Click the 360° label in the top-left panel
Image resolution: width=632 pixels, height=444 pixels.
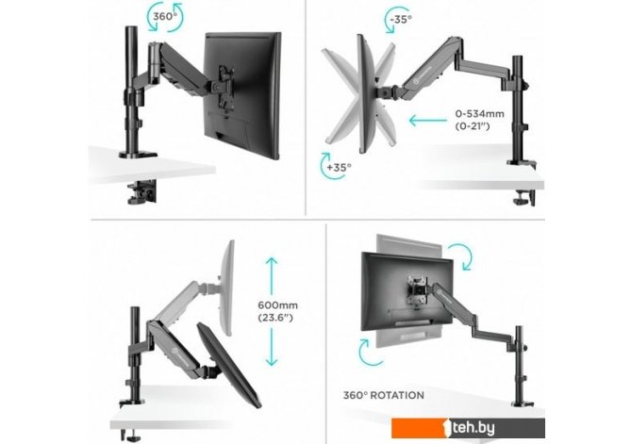pyautogui.click(x=165, y=17)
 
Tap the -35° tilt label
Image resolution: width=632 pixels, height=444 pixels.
pyautogui.click(x=401, y=19)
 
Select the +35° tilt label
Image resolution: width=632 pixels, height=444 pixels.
pyautogui.click(x=339, y=167)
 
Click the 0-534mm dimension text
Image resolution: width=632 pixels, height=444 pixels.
pyautogui.click(x=479, y=114)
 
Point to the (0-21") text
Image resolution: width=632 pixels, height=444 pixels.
pyautogui.click(x=473, y=126)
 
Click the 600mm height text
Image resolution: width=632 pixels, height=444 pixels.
pyautogui.click(x=277, y=305)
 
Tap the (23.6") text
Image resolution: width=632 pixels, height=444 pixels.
pyautogui.click(x=275, y=318)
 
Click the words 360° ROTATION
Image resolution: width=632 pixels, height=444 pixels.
pyautogui.click(x=383, y=395)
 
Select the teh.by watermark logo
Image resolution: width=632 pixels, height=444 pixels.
pyautogui.click(x=468, y=428)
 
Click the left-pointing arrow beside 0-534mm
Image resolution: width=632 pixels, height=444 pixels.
pyautogui.click(x=427, y=120)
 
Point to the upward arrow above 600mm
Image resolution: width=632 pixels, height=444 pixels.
pyautogui.click(x=272, y=276)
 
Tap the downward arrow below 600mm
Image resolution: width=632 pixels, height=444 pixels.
pyautogui.click(x=272, y=347)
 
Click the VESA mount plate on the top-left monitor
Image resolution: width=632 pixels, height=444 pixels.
pyautogui.click(x=225, y=87)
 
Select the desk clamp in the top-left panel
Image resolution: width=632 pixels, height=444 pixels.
pyautogui.click(x=141, y=191)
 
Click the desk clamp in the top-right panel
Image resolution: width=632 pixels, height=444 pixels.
pyautogui.click(x=524, y=197)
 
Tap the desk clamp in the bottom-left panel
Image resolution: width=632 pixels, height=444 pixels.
pyautogui.click(x=130, y=435)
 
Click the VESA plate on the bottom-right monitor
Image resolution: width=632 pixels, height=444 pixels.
pyautogui.click(x=418, y=290)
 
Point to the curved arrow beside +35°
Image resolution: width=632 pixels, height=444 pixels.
pyautogui.click(x=327, y=165)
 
